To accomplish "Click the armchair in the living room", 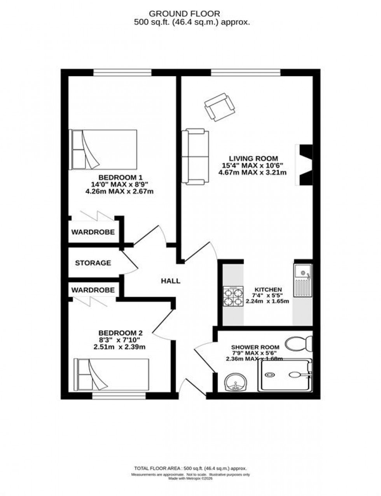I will click(219, 106).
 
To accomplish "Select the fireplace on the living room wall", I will click(304, 165).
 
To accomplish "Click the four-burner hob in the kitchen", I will click(233, 296).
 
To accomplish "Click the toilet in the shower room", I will click(299, 343).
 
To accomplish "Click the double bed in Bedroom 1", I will click(103, 150).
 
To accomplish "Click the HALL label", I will click(171, 281).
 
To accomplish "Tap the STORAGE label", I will click(93, 263).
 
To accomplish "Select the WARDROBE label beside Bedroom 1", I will click(93, 232).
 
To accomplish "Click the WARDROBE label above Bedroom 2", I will click(93, 290).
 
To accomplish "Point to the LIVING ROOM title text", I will click(253, 158).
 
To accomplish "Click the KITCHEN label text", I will click(268, 290).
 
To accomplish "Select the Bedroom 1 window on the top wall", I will click(122, 72).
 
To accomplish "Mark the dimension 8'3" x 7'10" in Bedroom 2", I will click(120, 340).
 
